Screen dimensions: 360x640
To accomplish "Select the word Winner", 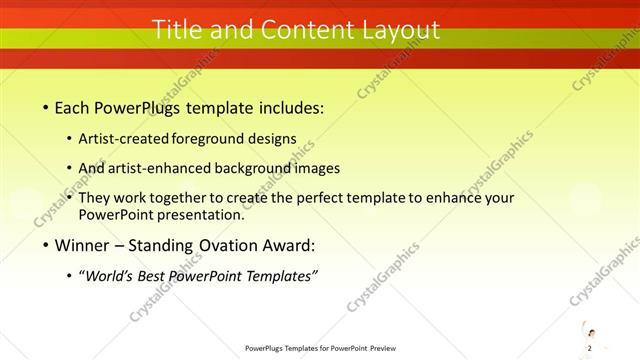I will (81, 244).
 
